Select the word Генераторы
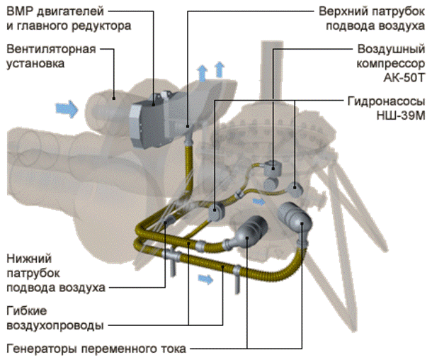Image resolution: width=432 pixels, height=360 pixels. coord(42,349)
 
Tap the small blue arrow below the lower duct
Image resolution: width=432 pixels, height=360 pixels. coord(205,279)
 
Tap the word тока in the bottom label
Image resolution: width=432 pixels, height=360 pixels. coord(174,349)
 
